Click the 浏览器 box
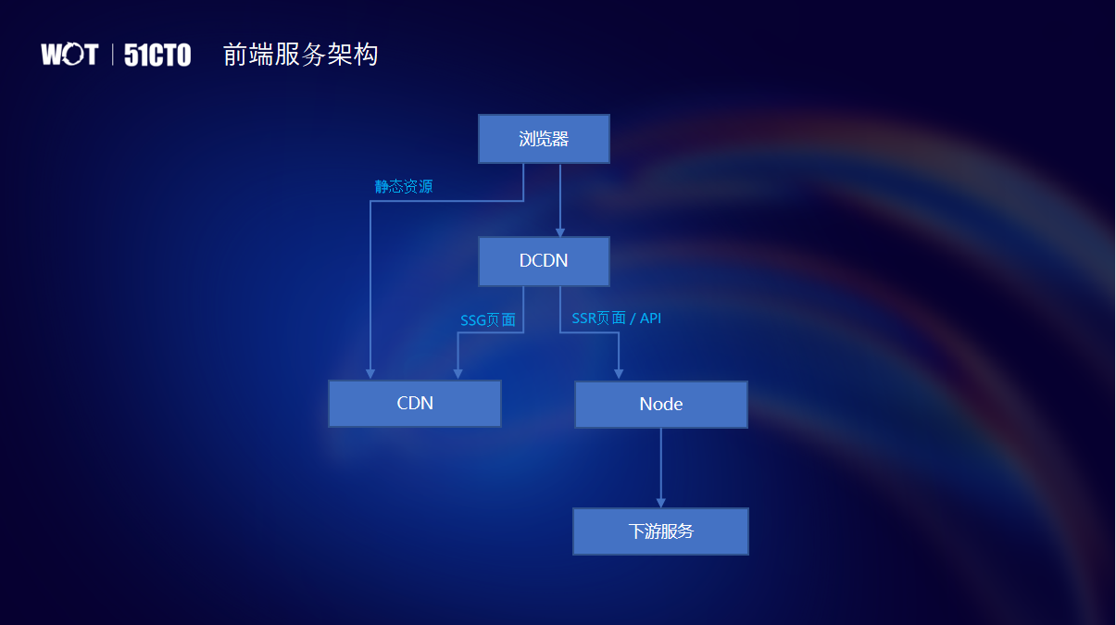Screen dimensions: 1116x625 coord(544,139)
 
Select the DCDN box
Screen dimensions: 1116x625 coord(544,261)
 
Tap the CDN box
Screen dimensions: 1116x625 coord(415,404)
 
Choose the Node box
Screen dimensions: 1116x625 coord(660,405)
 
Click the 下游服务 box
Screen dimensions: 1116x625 coord(660,531)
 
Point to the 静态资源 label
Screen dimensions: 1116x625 coord(404,186)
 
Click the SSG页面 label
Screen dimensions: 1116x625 coord(488,320)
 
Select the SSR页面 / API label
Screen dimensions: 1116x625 coord(616,319)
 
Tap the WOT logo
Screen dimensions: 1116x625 coord(69,55)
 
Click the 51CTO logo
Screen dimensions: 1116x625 coord(157,55)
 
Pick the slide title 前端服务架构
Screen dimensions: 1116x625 coord(300,55)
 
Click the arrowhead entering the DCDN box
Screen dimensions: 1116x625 coord(560,232)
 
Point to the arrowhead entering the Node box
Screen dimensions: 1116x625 coord(619,374)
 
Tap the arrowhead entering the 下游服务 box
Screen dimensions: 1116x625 coord(660,503)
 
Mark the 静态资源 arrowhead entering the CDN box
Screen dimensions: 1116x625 coord(370,374)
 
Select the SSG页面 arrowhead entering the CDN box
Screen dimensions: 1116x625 coord(458,374)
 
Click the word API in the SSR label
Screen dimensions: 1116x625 coord(650,319)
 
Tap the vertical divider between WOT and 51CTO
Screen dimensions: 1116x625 coord(113,55)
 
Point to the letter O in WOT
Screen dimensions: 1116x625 coord(69,55)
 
